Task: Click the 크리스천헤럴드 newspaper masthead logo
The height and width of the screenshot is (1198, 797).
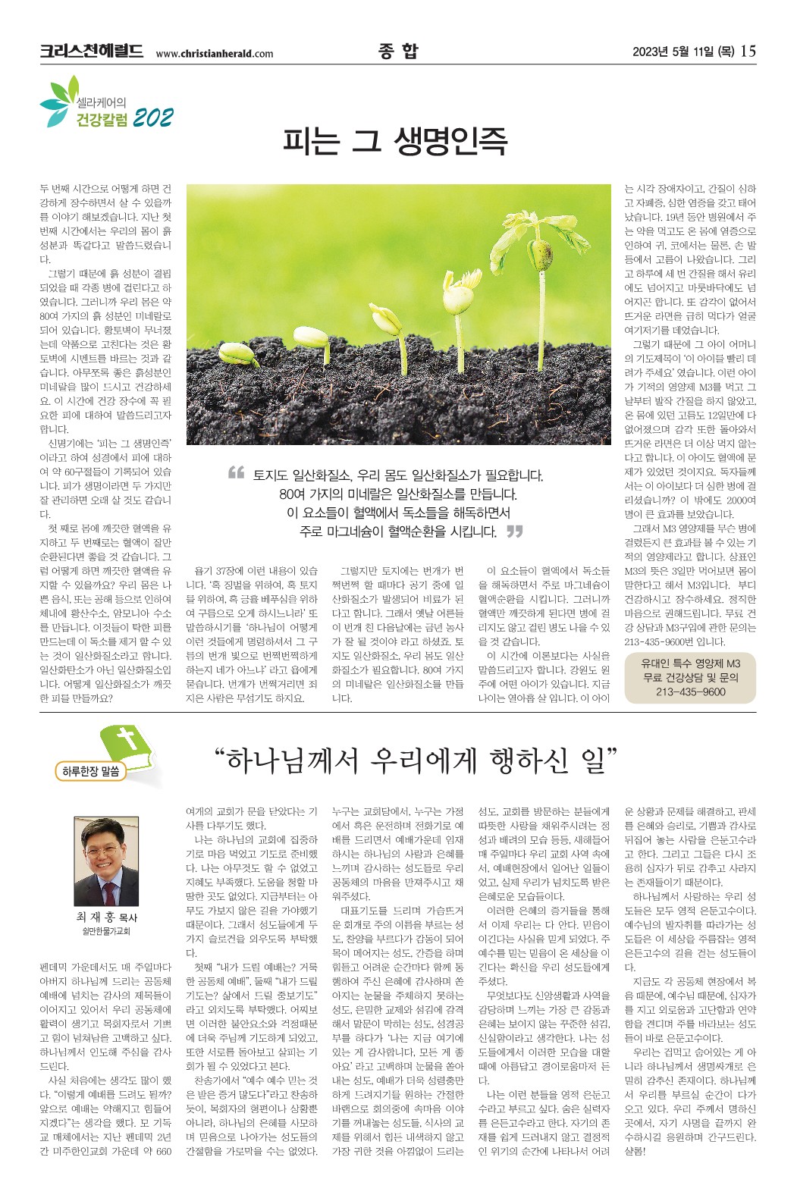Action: point(91,52)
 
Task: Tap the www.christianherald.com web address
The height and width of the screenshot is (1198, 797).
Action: point(214,54)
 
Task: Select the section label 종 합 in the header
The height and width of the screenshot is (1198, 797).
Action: point(397,51)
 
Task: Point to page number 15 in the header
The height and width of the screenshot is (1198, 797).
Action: point(748,52)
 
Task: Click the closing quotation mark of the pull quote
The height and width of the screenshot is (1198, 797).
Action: point(514,532)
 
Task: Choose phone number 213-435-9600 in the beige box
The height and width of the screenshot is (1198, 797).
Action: point(690,692)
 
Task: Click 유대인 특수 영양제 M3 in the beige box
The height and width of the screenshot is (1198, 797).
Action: point(690,663)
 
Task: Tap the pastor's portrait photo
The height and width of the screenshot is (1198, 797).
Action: point(106,863)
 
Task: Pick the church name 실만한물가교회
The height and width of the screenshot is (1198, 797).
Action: point(106,931)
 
